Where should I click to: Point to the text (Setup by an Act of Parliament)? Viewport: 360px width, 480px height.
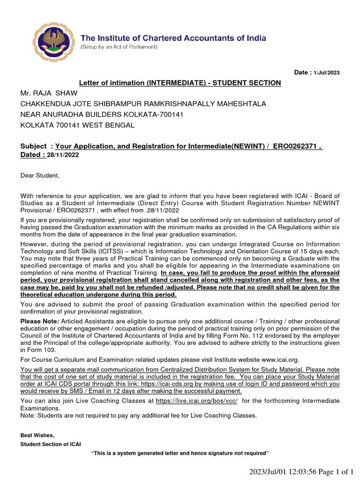pos(119,47)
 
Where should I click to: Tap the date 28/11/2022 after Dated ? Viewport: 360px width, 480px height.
pos(63,155)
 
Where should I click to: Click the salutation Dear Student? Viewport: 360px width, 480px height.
pos(40,175)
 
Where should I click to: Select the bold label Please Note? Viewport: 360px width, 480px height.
pos(39,321)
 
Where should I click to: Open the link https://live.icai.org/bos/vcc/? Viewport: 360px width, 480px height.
pos(196,401)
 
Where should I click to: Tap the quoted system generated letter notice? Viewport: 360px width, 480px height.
pos(180,453)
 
